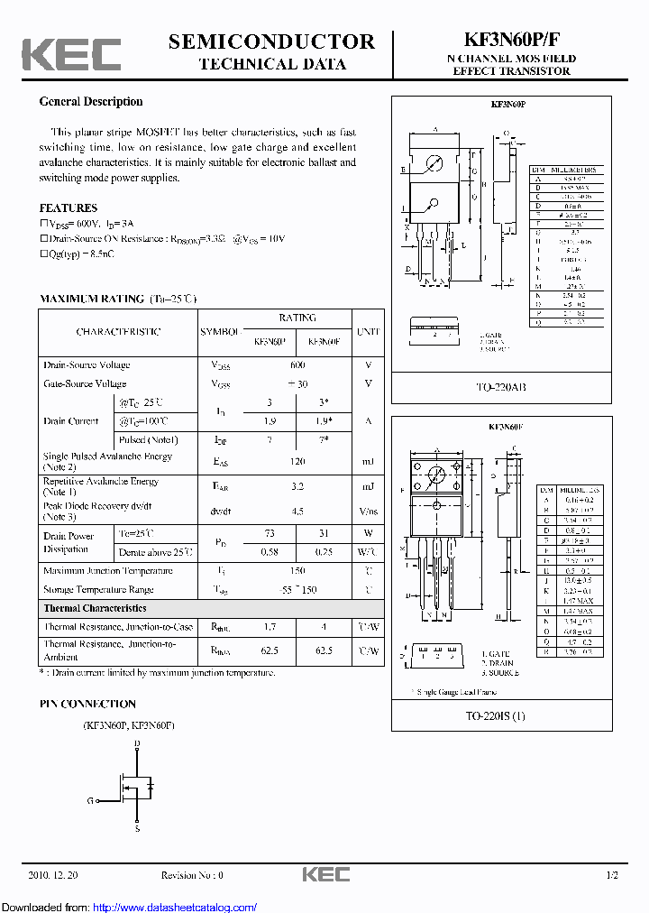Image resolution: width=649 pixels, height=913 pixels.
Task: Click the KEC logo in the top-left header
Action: [72, 55]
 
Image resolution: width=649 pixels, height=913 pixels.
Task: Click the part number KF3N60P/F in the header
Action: [511, 41]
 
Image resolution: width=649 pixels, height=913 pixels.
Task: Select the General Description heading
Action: [91, 102]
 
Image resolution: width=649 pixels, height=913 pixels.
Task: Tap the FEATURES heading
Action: [69, 208]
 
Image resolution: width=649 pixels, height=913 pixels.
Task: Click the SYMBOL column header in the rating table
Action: [221, 331]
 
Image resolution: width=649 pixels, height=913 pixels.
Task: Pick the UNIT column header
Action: [368, 331]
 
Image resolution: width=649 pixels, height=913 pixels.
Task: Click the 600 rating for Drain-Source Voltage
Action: [297, 365]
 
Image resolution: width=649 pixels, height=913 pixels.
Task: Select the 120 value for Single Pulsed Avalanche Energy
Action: [297, 461]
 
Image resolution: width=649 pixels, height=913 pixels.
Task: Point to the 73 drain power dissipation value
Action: [270, 533]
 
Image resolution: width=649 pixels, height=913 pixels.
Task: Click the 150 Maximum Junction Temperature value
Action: [297, 571]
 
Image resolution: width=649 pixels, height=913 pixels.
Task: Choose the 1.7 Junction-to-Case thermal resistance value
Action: [270, 626]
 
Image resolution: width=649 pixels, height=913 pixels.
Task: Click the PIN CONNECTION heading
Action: [87, 704]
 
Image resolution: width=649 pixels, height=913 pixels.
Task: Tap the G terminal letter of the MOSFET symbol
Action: [90, 800]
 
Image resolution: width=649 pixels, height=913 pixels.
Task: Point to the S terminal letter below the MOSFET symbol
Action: [137, 828]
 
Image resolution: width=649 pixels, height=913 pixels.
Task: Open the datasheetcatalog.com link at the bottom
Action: [175, 907]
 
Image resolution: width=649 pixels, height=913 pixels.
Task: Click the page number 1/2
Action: [612, 875]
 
